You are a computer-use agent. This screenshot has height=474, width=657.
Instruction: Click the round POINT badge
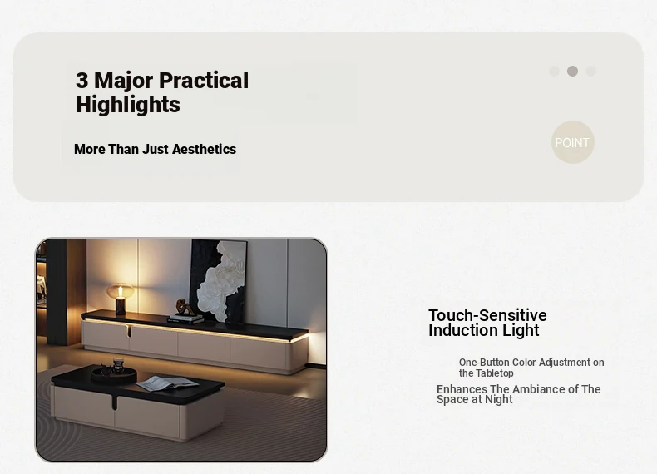point(572,142)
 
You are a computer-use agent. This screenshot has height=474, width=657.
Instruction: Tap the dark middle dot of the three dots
point(572,71)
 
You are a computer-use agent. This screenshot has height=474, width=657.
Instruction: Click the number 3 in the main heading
point(82,81)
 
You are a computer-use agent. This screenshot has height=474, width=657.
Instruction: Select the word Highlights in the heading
point(128,105)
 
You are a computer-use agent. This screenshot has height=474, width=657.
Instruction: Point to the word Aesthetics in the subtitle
point(204,149)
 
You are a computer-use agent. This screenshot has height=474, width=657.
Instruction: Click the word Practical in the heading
point(204,81)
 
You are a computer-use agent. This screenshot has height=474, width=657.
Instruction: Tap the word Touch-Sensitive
point(487,315)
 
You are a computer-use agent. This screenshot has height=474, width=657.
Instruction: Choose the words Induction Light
point(483,330)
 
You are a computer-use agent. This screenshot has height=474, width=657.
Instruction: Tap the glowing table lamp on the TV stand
point(121,298)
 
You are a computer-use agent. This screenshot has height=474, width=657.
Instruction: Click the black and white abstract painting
point(219,281)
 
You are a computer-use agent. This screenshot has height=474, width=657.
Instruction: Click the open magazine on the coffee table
point(167,383)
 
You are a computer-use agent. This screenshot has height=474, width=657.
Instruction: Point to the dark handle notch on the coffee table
point(115,401)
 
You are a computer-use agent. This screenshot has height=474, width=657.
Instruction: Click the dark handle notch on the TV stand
point(130,330)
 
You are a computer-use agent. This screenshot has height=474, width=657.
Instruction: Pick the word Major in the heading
point(125,81)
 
